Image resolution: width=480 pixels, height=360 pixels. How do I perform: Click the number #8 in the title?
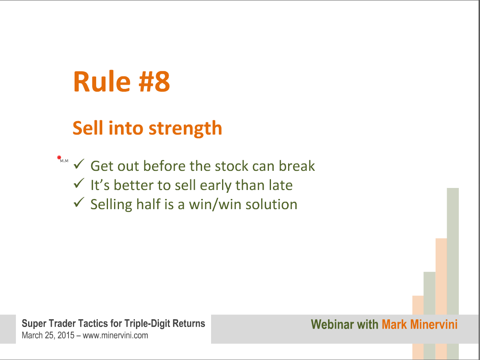154,82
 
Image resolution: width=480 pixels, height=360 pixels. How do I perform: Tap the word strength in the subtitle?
185,128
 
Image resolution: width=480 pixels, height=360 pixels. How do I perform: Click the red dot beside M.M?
59,157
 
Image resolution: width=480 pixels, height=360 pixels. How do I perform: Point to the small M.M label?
64,161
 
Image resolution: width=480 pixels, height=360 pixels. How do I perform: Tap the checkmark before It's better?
79,183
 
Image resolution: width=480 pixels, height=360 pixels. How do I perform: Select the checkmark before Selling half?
79,203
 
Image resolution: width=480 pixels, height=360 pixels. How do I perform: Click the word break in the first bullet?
297,166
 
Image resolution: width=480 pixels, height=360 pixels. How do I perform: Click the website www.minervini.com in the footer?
115,336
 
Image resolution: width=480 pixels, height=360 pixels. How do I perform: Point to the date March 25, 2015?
48,336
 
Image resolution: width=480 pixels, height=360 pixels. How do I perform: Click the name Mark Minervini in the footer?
419,325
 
